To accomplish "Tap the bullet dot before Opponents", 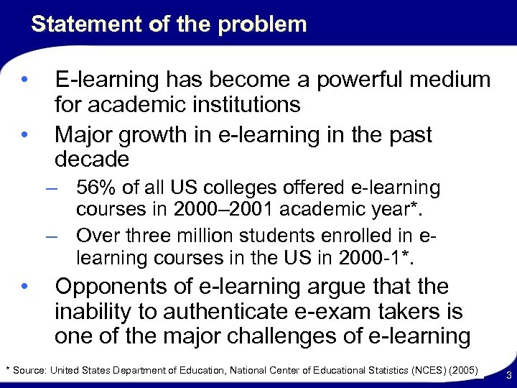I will point(25,287).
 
